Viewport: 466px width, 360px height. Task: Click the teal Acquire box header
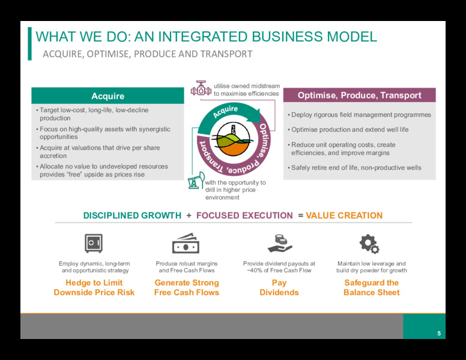click(x=107, y=95)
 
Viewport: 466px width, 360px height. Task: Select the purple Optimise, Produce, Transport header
click(x=359, y=95)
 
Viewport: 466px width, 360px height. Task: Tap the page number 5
click(x=439, y=333)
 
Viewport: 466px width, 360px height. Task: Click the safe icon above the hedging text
click(x=94, y=243)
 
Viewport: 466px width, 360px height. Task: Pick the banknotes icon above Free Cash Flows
click(x=186, y=243)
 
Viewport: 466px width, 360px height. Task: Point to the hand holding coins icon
click(x=280, y=243)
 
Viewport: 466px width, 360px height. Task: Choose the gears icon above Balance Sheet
click(x=369, y=244)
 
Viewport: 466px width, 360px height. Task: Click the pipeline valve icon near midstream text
click(x=201, y=88)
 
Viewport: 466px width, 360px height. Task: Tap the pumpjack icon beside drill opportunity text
click(x=196, y=180)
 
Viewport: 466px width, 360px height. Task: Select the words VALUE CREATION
click(x=344, y=215)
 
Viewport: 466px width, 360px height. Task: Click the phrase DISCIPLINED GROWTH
click(x=132, y=215)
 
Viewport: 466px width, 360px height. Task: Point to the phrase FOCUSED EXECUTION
click(x=244, y=215)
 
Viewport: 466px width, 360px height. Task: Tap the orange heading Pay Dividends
click(x=279, y=287)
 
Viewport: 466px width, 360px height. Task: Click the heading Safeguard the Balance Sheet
click(x=372, y=287)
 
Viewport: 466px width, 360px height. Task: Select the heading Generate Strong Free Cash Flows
click(x=187, y=287)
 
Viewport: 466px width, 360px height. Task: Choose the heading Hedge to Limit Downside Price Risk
click(x=94, y=287)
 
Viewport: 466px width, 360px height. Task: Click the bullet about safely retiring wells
click(x=354, y=168)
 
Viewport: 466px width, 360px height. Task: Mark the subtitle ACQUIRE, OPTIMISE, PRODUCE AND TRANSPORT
click(x=148, y=54)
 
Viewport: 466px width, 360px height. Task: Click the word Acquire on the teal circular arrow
click(x=226, y=112)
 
